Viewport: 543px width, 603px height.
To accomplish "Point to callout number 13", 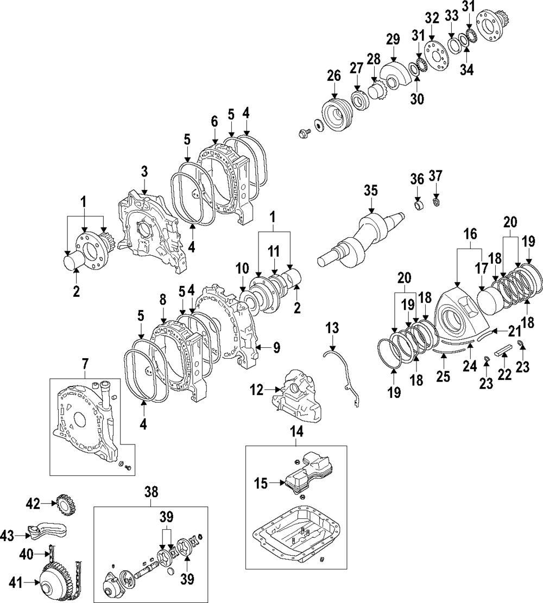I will (x=332, y=328).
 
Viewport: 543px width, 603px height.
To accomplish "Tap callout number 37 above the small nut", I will (x=435, y=176).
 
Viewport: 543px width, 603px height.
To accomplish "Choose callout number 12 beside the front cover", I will (x=256, y=389).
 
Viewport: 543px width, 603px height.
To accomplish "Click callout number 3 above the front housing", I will (x=144, y=172).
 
